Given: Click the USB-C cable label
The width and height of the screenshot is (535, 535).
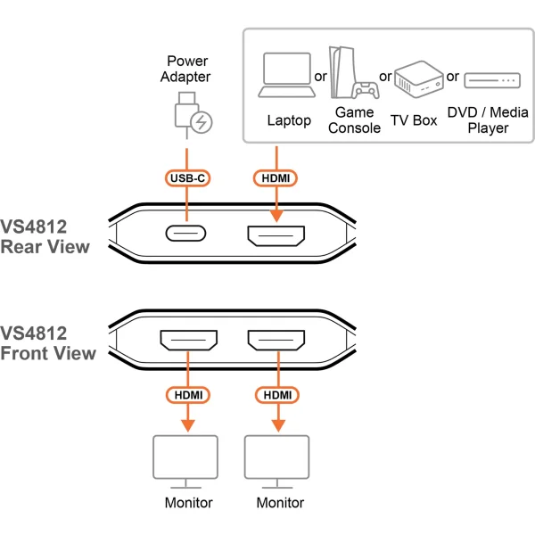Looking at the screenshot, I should click(187, 178).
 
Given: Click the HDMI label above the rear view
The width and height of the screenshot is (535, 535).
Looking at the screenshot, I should click(276, 178).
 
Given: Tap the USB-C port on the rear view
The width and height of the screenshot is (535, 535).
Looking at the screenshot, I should click(186, 236).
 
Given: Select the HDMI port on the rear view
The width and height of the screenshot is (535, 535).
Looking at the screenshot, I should click(276, 236).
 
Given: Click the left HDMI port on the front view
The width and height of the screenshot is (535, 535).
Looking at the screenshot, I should click(187, 341).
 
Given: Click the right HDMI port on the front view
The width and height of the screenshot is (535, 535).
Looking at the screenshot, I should click(276, 341).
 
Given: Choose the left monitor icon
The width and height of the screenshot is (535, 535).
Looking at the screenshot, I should click(187, 460).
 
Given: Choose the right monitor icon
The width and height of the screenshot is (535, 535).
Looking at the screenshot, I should click(276, 460).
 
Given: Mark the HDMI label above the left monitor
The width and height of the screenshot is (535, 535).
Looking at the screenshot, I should click(187, 394).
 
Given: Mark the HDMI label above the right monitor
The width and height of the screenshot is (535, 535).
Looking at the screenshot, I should click(276, 394).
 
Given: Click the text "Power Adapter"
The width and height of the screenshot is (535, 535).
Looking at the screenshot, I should click(187, 70).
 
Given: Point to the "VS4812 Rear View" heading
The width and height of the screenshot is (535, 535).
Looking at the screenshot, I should click(45, 236).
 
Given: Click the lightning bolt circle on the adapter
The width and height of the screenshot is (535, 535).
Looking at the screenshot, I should click(203, 123).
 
